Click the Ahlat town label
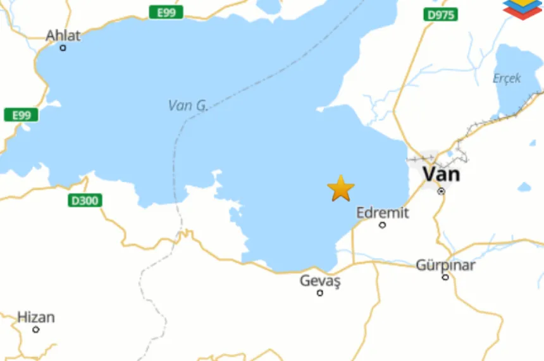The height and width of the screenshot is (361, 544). pos(63,35)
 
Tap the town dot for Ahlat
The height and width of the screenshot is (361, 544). pos(63,47)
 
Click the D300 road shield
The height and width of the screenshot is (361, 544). pos(84,201)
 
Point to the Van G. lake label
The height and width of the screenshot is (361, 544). pos(188,106)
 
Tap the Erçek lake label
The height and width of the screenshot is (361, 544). pos(507,78)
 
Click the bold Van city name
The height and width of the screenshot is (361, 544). pos(441,173)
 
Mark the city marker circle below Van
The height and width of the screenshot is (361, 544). pos(442,191)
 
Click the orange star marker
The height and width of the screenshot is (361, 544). pos(341,188)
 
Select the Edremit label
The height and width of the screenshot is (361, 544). pos(383,212)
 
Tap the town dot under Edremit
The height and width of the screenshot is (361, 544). pos(382,224)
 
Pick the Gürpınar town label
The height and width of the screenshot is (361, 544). pos(445,265)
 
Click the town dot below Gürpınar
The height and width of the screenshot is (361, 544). pos(445,277)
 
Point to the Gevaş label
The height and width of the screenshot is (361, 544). pos(320,281)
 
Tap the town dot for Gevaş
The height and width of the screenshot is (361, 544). pos(320,293)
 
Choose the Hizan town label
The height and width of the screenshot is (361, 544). pos(36,317)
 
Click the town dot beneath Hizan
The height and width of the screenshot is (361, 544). pos(36,329)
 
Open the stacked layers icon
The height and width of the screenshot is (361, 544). pos(522,9)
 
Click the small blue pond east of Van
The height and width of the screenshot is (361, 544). pos(524,187)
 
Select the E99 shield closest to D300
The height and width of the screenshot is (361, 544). pos(21,115)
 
